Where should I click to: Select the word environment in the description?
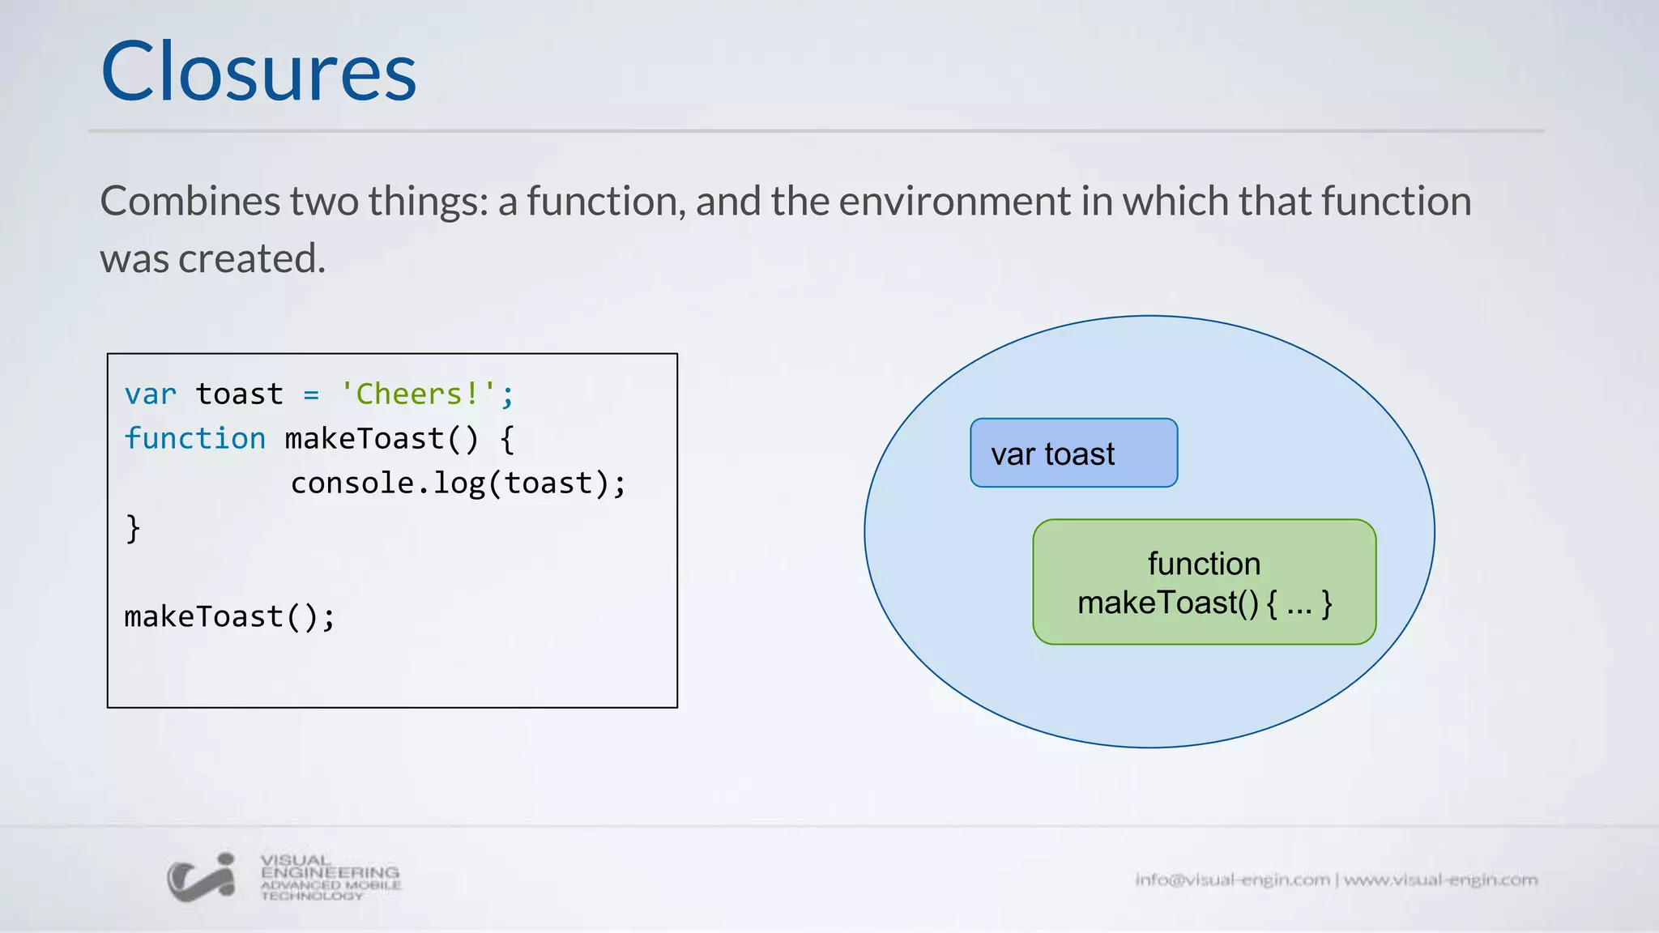pyautogui.click(x=954, y=201)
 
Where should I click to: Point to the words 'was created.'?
pyautogui.click(x=212, y=259)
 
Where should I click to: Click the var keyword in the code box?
pyautogui.click(x=150, y=394)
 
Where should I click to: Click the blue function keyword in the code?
pyautogui.click(x=194, y=439)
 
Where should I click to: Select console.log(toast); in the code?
pyautogui.click(x=458, y=484)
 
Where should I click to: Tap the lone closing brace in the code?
pyautogui.click(x=133, y=528)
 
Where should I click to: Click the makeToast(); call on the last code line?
pyautogui.click(x=229, y=617)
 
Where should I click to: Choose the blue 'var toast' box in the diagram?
pyautogui.click(x=1073, y=453)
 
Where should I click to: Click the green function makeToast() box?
pyautogui.click(x=1204, y=582)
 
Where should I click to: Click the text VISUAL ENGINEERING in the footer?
pyautogui.click(x=330, y=866)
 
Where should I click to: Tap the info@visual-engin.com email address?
pyautogui.click(x=1232, y=880)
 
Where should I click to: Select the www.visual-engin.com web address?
pyautogui.click(x=1440, y=880)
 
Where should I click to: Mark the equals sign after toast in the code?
pyautogui.click(x=311, y=395)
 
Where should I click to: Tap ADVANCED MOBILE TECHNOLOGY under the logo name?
pyautogui.click(x=331, y=890)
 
